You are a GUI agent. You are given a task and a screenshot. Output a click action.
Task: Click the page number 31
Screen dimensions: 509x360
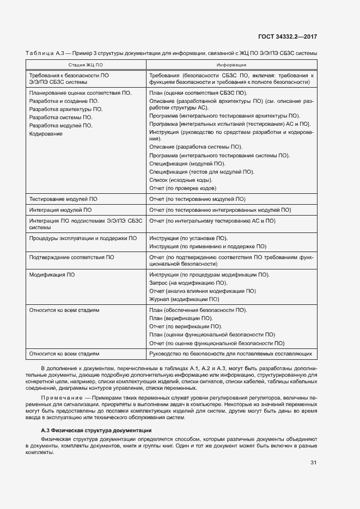coord(313,463)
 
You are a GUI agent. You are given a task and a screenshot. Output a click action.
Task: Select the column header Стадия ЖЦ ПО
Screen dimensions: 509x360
coord(85,64)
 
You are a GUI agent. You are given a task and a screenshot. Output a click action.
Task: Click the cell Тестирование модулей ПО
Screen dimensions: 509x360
coord(63,199)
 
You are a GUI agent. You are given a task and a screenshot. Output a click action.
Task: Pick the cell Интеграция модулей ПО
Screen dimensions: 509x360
coord(60,210)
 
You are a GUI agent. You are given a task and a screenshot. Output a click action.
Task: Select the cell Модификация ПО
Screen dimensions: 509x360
coord(52,275)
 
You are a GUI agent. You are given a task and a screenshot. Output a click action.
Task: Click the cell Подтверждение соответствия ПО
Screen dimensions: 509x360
coord(71,257)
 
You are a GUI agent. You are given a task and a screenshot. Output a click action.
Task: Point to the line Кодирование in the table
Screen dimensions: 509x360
coord(46,134)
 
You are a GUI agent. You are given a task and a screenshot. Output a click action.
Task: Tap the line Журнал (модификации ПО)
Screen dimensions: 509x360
coord(184,299)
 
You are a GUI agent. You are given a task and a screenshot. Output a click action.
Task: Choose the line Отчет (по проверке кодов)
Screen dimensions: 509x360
coord(182,188)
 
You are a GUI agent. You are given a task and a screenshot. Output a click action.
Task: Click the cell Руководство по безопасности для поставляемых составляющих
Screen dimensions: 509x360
coord(230,354)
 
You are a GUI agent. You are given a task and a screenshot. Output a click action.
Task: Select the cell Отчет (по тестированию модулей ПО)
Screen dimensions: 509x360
coord(197,199)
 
